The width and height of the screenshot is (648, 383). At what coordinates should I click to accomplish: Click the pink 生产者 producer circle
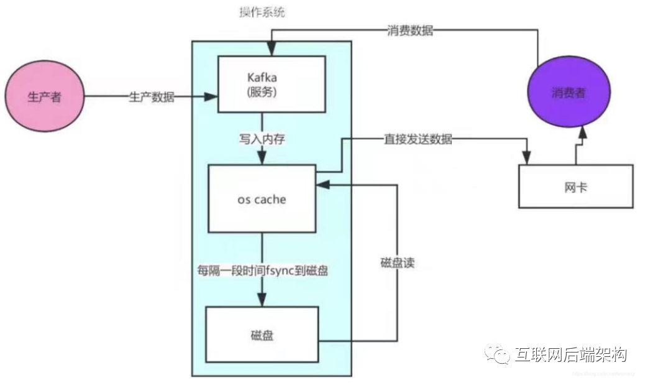tap(44, 97)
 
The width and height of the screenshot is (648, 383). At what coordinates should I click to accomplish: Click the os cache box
tap(262, 199)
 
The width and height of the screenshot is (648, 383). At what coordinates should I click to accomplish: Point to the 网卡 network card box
tap(575, 187)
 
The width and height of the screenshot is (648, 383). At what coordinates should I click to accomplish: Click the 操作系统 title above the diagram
tap(262, 12)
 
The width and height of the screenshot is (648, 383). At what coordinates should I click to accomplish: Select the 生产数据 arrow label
tap(152, 97)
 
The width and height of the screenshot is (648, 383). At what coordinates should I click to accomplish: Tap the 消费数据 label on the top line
tap(409, 30)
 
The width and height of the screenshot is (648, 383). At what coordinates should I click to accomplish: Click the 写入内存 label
tap(262, 139)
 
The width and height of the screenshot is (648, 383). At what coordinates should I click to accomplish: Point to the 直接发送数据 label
tap(418, 140)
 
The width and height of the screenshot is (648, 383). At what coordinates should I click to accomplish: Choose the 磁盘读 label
tap(397, 263)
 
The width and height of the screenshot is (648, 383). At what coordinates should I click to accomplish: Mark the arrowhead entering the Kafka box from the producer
tap(212, 97)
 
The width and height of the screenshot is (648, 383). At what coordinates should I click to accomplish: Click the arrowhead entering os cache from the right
tap(321, 184)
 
